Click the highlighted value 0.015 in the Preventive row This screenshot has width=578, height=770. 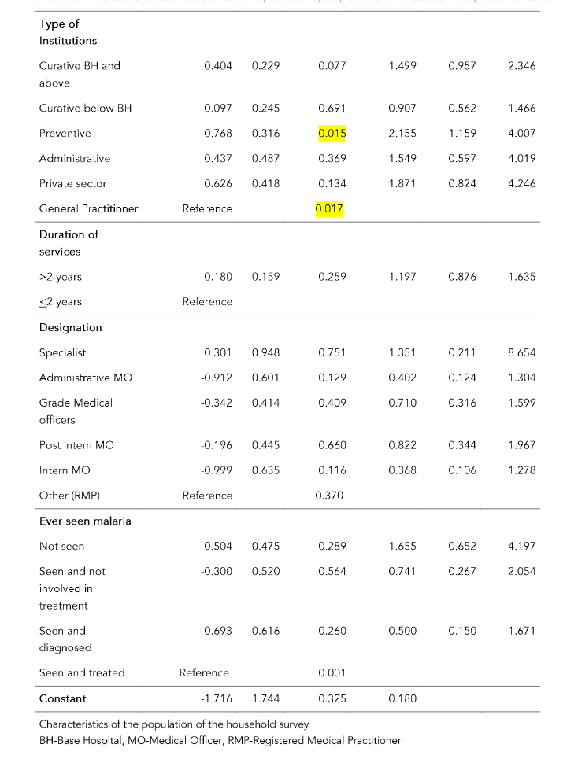[x=332, y=134]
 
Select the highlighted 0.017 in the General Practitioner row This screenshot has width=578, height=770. [x=332, y=208]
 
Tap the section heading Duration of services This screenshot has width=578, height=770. [x=69, y=243]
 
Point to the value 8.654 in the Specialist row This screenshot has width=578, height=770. [x=521, y=352]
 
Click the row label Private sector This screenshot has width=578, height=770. [x=72, y=183]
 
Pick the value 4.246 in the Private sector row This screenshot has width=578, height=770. [x=521, y=183]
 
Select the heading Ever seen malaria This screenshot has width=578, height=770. [x=85, y=521]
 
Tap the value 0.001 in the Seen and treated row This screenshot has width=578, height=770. [x=332, y=672]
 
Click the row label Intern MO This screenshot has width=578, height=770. [x=65, y=470]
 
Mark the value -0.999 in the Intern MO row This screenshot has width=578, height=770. [x=217, y=470]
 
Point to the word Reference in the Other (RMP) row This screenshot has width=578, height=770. [x=207, y=496]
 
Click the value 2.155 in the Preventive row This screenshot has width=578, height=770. [x=402, y=134]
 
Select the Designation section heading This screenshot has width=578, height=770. [x=70, y=327]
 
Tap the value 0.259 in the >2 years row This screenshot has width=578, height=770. [x=332, y=277]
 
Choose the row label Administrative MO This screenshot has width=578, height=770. [x=86, y=378]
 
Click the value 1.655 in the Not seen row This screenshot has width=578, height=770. [x=402, y=546]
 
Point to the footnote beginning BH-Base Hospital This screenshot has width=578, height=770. [x=220, y=740]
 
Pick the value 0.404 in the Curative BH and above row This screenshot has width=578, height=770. [x=218, y=66]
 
